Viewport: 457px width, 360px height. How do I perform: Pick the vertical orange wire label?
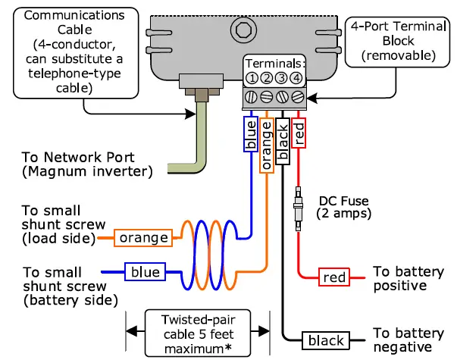[266, 144]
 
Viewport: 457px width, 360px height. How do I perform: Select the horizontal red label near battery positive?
[334, 277]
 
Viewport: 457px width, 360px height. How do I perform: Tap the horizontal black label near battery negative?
[327, 340]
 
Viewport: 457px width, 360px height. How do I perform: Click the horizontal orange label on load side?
[142, 237]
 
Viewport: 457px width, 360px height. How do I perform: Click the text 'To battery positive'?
[408, 278]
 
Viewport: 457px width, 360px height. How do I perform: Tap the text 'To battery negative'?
[410, 340]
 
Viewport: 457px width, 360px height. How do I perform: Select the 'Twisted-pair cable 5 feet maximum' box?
[197, 333]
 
